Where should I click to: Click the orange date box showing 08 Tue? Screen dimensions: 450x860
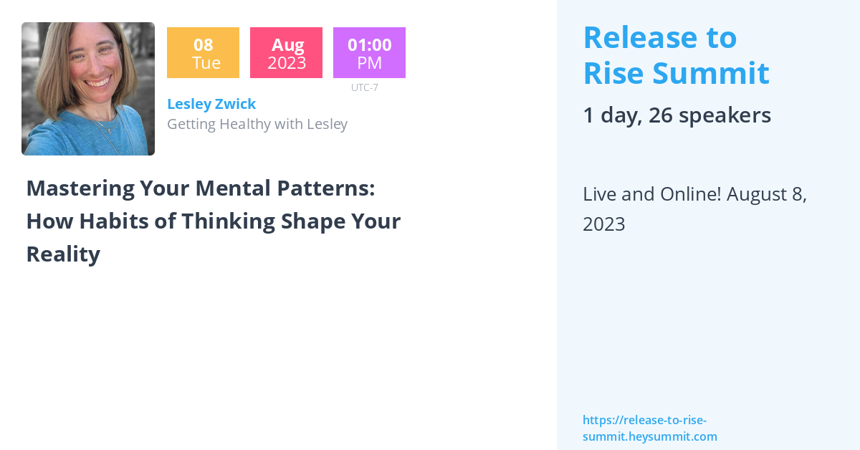point(203,53)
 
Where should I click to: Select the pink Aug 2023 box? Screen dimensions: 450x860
point(286,53)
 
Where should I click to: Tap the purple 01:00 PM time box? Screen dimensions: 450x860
point(369,53)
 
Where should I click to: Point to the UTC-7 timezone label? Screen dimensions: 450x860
point(364,87)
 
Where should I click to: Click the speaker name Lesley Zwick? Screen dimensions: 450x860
point(211,104)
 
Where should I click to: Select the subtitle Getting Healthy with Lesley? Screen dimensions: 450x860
point(257,124)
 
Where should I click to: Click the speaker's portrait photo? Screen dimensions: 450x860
point(88,89)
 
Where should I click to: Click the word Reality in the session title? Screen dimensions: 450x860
point(63,254)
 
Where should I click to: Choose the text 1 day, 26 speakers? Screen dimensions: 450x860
point(677,115)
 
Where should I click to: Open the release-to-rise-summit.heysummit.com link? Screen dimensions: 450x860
point(649,429)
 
